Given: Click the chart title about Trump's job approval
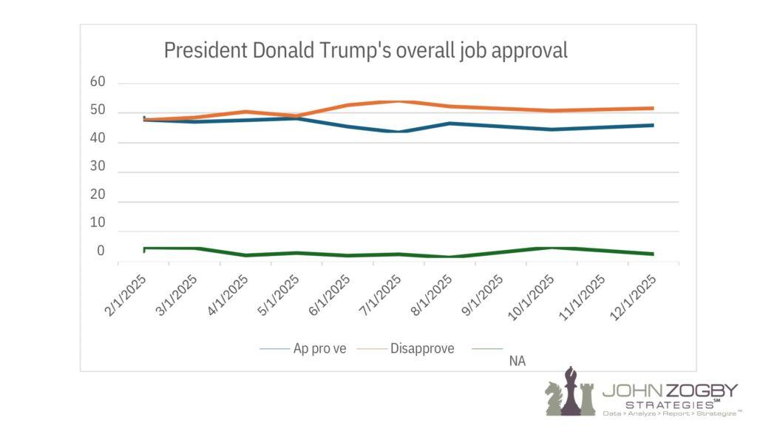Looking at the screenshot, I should [x=365, y=50].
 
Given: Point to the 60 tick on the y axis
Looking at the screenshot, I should [x=98, y=82].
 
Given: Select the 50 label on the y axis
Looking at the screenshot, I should [x=98, y=111].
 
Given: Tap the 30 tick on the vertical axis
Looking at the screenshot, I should [x=98, y=167].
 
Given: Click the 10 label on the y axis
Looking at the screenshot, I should [x=98, y=223].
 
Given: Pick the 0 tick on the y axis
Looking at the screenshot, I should [x=101, y=251].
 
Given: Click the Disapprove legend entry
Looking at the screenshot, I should [x=421, y=348].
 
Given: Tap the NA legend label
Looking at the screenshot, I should [x=517, y=360].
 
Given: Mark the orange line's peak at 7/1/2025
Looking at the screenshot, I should [x=399, y=101].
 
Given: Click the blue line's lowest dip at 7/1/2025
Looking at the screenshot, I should [x=399, y=132].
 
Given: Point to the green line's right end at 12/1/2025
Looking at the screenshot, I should [x=652, y=254].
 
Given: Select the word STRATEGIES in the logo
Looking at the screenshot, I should [x=668, y=405].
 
